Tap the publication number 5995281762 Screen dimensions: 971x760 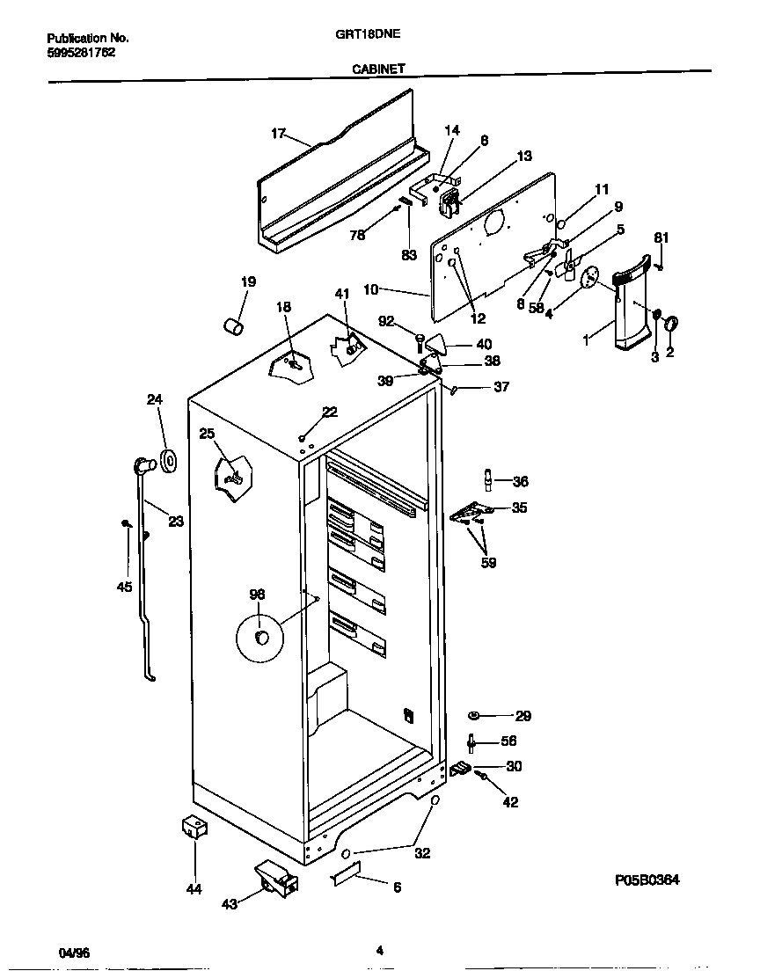(80, 52)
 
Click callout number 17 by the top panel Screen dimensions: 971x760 (278, 134)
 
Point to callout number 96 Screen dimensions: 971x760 (257, 595)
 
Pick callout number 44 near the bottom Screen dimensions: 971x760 (194, 889)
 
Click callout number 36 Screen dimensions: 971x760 (521, 481)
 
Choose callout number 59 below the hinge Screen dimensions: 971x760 (489, 563)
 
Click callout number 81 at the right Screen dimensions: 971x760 (661, 237)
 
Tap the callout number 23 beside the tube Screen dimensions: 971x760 (175, 521)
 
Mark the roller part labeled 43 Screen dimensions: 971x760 (272, 880)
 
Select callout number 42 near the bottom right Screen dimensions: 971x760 (510, 801)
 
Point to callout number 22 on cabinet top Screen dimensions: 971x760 (329, 412)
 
